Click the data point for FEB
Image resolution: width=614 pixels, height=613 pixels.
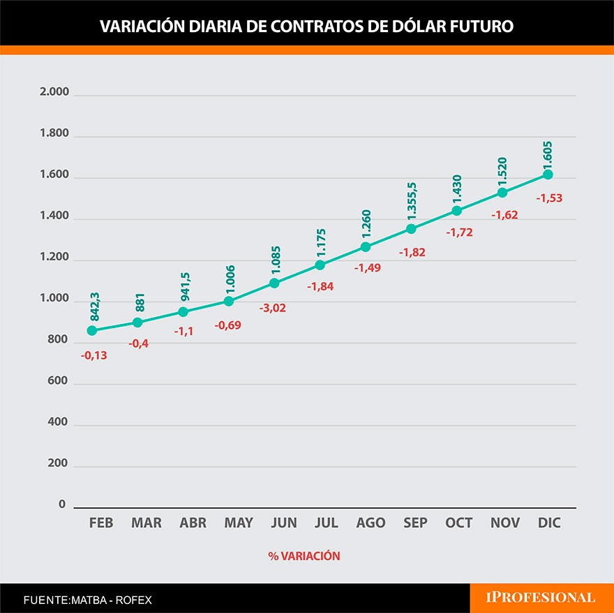(92, 330)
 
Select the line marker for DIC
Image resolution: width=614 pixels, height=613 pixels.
(548, 175)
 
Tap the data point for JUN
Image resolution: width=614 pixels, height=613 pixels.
(274, 283)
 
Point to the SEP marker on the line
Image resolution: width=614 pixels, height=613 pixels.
(411, 229)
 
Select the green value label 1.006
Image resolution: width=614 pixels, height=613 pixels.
(230, 278)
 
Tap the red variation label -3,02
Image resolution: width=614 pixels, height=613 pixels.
(272, 307)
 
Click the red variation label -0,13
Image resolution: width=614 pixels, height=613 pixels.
(94, 355)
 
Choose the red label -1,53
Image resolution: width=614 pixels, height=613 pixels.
(549, 198)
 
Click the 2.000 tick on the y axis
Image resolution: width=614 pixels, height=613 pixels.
(55, 93)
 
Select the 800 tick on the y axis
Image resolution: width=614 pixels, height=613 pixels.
(59, 341)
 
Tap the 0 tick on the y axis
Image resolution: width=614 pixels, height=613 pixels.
(62, 505)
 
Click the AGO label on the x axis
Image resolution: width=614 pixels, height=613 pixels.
(370, 523)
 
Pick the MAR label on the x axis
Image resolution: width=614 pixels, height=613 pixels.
(147, 523)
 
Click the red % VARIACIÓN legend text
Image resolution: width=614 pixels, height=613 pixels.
(304, 556)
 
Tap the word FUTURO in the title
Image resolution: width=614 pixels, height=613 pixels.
(479, 27)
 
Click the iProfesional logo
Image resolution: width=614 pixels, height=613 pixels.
(541, 598)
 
